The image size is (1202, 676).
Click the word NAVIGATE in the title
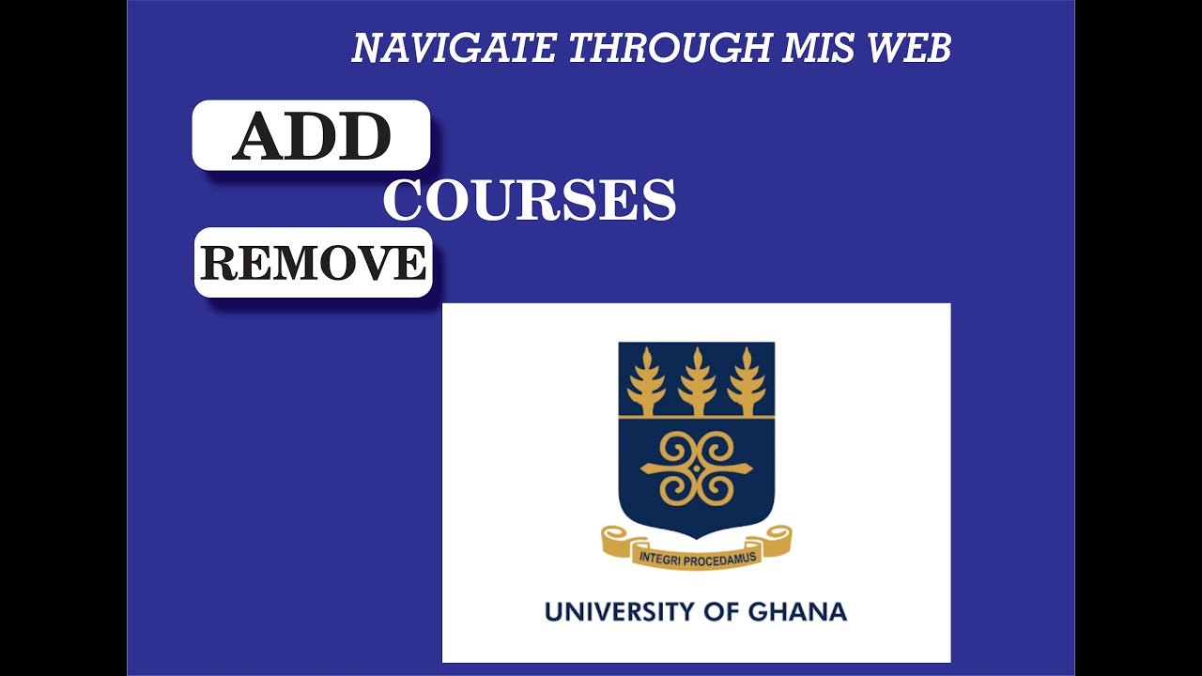(x=453, y=49)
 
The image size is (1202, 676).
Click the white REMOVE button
(x=313, y=263)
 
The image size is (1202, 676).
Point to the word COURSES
(x=530, y=200)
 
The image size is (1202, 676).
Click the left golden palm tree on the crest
(x=646, y=380)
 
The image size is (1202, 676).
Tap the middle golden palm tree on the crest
(x=697, y=380)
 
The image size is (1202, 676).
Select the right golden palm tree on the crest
(x=747, y=380)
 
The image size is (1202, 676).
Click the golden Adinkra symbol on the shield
(x=696, y=468)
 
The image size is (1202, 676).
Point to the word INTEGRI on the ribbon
(x=660, y=558)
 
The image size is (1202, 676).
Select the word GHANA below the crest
(x=797, y=612)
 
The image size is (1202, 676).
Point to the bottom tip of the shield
(x=696, y=538)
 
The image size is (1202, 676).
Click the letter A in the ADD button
(x=259, y=137)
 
